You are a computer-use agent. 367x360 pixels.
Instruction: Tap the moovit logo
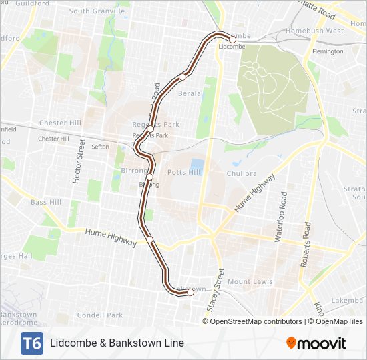point(316,343)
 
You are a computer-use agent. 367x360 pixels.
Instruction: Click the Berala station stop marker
point(182,77)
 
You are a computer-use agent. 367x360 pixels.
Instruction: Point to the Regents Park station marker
point(151,129)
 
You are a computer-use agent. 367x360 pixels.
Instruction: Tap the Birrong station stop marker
point(151,177)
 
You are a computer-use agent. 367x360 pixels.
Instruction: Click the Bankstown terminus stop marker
point(190,292)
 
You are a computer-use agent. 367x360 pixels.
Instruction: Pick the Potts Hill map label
point(183,173)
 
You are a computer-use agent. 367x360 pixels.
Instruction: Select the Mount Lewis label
point(250,282)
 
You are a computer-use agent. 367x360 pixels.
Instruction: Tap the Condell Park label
point(100,315)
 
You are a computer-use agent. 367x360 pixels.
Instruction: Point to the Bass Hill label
point(46,202)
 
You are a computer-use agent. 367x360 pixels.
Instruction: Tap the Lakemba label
point(349,300)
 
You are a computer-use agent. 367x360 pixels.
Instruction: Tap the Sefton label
point(101,147)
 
